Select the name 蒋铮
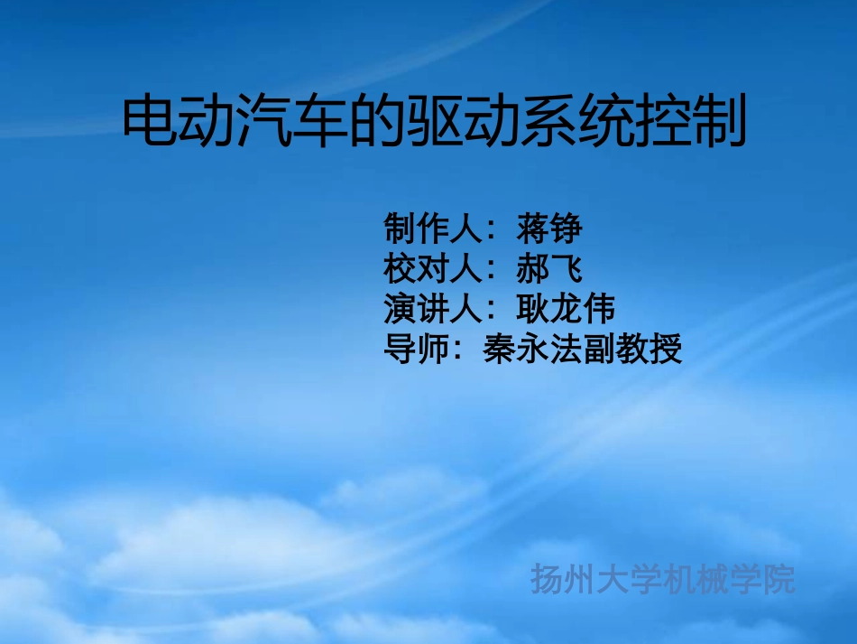[549, 229]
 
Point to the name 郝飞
[549, 268]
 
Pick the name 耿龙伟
[566, 308]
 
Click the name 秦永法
[532, 348]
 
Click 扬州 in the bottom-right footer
[564, 580]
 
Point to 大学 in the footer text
[630, 580]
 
